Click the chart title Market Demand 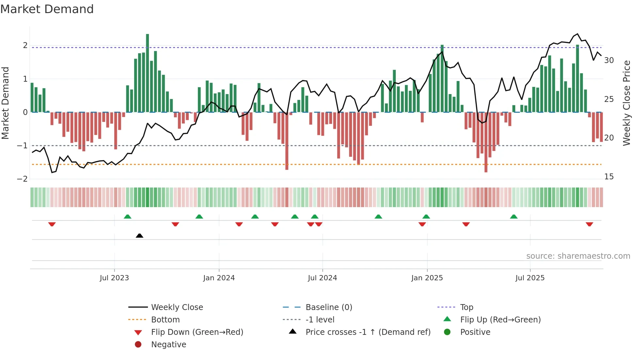[x=47, y=9]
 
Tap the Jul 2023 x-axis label [x=114, y=278]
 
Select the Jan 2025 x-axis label [x=427, y=278]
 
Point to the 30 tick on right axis [x=609, y=60]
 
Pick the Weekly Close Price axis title [x=626, y=103]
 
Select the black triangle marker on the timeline [x=139, y=236]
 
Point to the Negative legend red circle [x=138, y=345]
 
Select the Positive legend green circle [x=447, y=332]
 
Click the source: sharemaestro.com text [x=578, y=256]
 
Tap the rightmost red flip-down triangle [x=589, y=224]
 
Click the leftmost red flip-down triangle [x=52, y=224]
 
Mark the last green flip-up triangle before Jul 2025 [x=514, y=217]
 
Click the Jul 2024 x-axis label [x=322, y=278]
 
